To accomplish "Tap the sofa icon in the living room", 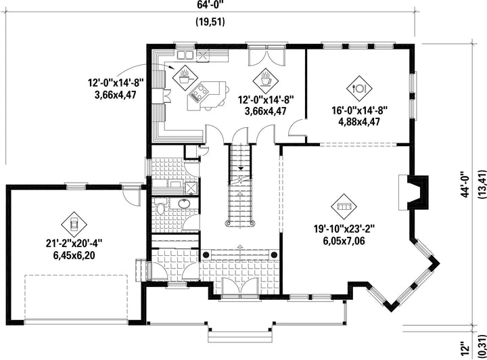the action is [x=344, y=206].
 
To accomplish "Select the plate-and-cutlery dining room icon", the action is [x=359, y=89].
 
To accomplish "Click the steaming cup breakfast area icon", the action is [x=266, y=78].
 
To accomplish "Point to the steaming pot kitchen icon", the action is [x=185, y=78].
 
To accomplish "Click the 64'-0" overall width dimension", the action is [x=210, y=5].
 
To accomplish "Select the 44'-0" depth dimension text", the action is [x=465, y=184].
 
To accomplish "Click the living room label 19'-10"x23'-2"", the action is [x=344, y=229].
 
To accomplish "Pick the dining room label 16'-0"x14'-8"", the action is [x=359, y=110].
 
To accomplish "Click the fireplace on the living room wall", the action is [x=414, y=192].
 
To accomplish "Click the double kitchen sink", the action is [x=185, y=55].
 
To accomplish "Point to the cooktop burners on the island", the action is [x=198, y=92].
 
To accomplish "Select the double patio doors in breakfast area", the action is [x=266, y=55].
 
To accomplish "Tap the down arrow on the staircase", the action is [x=241, y=168].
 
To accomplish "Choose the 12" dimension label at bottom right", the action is [x=465, y=349].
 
